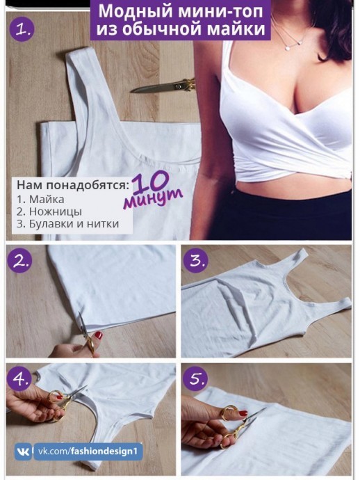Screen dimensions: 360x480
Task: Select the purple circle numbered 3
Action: tap(195, 260)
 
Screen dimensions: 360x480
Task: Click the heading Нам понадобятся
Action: tap(73, 185)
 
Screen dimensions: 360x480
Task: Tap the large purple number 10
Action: tap(151, 182)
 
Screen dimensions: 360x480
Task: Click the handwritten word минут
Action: tap(154, 198)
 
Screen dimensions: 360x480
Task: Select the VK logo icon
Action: tap(24, 451)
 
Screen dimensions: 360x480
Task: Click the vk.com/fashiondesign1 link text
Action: tap(88, 451)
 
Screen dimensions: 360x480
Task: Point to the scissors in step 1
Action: tap(163, 86)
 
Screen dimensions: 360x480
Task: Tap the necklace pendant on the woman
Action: tap(288, 48)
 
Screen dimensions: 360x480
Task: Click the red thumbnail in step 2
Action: tap(99, 335)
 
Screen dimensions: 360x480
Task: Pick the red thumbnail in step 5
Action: tap(243, 413)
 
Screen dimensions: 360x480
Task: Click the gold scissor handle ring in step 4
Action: tap(54, 396)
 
